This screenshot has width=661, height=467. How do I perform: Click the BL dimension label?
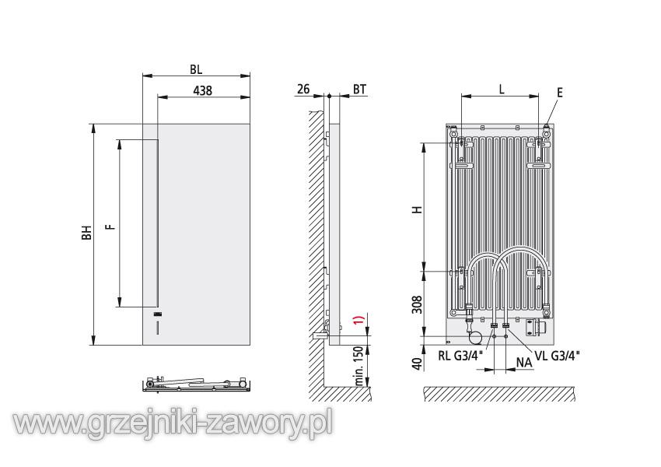[x=196, y=69]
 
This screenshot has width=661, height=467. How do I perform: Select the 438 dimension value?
[x=202, y=90]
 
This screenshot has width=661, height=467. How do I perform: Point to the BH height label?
[x=86, y=233]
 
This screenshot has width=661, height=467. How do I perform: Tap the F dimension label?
[x=110, y=226]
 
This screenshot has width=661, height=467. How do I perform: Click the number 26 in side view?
[x=303, y=89]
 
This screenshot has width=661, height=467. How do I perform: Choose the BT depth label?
[x=359, y=89]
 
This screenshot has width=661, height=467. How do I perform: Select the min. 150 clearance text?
[x=359, y=365]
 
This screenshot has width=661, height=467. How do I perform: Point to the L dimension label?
[x=502, y=89]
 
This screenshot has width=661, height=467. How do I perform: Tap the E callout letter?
[x=560, y=93]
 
